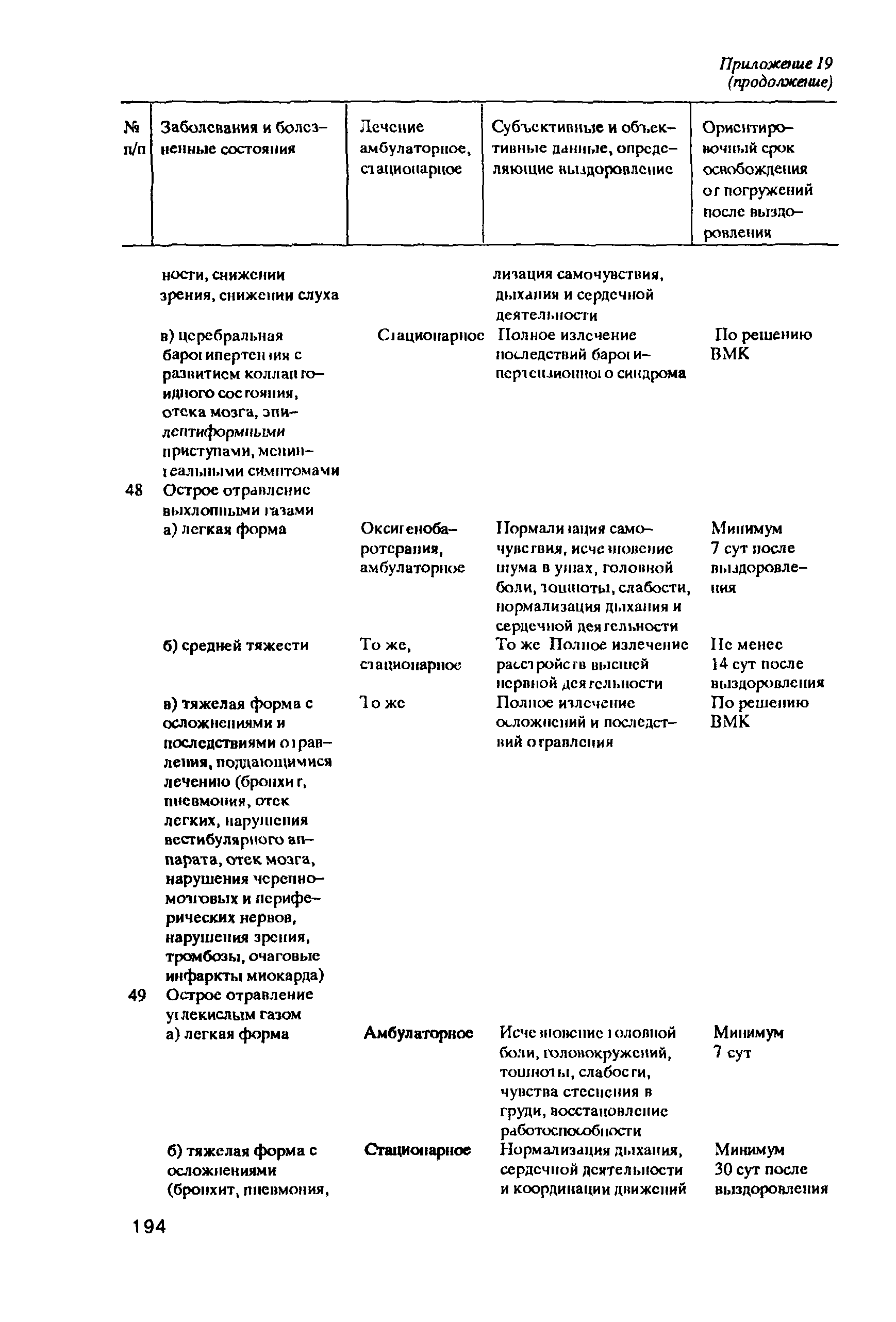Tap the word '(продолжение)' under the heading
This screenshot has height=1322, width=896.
779,83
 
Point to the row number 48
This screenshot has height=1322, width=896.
134,490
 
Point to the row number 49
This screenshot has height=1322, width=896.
137,995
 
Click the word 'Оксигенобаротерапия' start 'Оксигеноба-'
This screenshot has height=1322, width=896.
409,528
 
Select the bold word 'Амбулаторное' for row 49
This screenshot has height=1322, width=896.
418,1032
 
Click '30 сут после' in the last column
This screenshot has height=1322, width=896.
760,1169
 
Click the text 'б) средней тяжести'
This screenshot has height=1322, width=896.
236,645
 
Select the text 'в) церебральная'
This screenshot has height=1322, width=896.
222,335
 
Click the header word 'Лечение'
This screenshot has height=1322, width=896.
392,127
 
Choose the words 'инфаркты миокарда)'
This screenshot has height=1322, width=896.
245,976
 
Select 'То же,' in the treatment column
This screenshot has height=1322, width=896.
385,645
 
